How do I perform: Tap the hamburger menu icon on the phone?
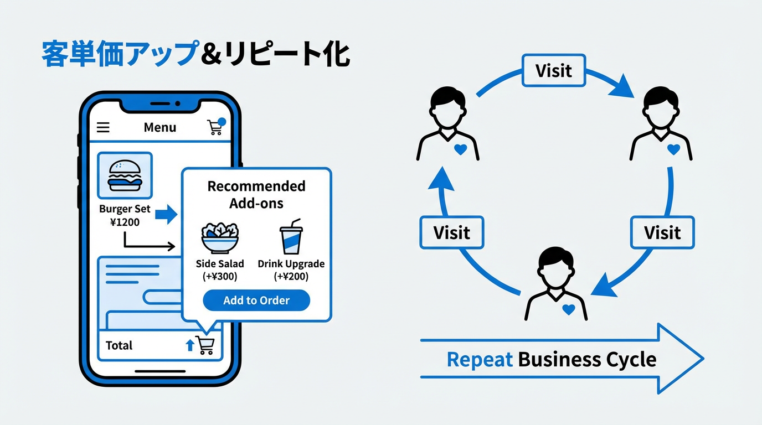coord(103,127)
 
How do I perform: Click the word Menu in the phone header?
coord(159,127)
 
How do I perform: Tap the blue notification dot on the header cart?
coord(222,121)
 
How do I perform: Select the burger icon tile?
coord(125,175)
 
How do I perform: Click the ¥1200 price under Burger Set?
coord(125,222)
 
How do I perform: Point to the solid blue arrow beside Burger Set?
coord(166,215)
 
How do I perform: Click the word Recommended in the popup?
coord(256,186)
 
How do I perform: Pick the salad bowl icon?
coord(219,237)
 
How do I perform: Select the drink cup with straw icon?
coord(291,236)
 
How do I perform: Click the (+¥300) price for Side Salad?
coord(220,276)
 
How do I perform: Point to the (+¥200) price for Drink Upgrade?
coord(291,276)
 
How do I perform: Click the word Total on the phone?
coord(119,345)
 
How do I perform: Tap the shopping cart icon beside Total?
coord(205,345)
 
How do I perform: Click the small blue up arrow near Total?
coord(189,345)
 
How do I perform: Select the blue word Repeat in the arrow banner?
coord(480,360)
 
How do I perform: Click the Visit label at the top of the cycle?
coord(553,70)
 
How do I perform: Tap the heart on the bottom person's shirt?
coord(568,310)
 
